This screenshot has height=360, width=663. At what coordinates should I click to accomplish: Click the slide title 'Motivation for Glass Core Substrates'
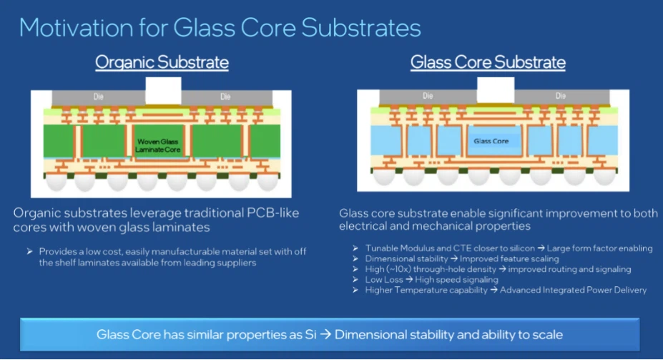pos(220,26)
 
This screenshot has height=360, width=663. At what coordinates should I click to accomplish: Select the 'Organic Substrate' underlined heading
pos(162,62)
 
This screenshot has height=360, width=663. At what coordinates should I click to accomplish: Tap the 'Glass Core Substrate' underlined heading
pos(488,62)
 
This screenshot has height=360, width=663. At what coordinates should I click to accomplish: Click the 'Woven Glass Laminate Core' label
pos(157,146)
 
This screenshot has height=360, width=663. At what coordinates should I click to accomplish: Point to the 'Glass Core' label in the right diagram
pos(491,141)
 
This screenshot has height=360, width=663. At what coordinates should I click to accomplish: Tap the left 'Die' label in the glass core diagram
pos(428,95)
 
